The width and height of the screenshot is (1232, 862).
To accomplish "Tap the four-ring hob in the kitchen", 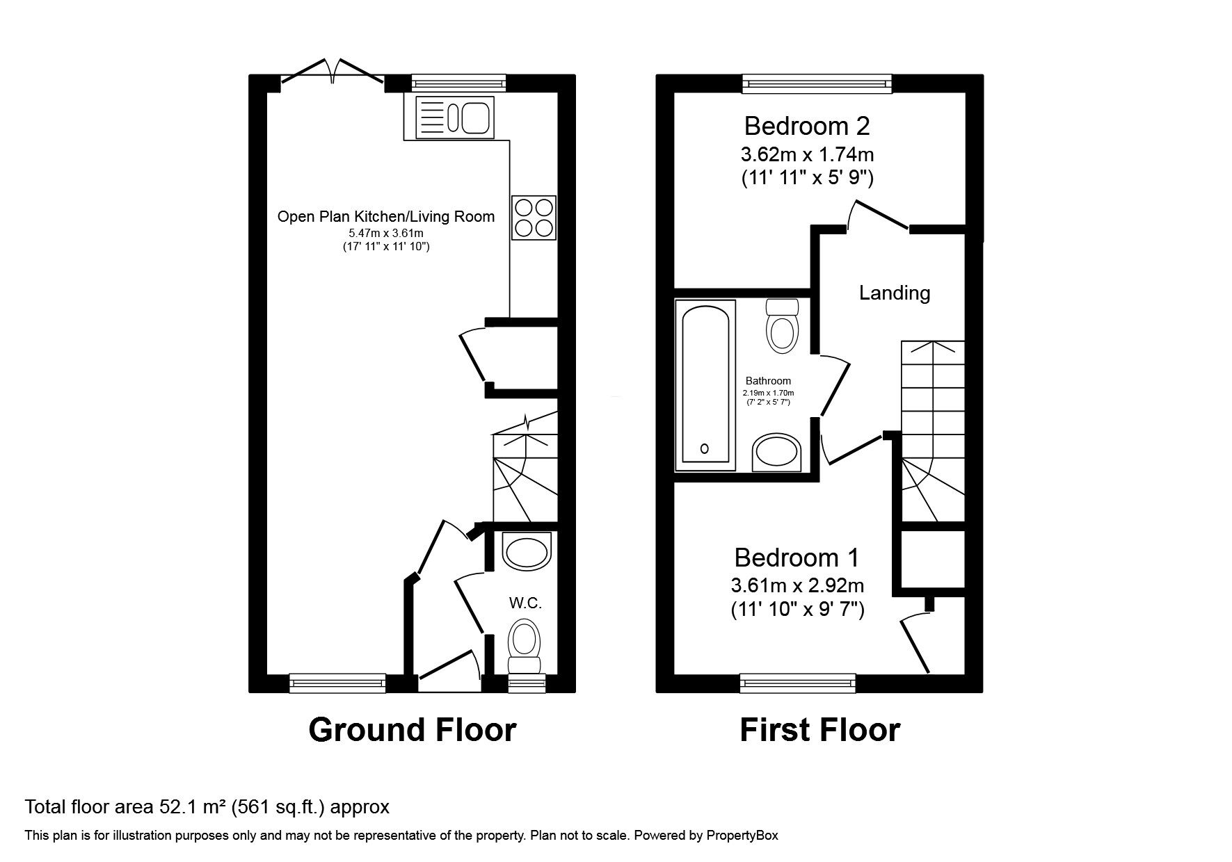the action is click(534, 218).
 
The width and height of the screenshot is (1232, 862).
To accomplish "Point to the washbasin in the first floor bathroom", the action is click(776, 452).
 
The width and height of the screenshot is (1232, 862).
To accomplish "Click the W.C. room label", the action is click(525, 603).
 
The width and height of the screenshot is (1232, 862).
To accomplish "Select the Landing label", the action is click(895, 293).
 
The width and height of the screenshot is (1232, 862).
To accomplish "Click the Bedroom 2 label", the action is click(807, 126).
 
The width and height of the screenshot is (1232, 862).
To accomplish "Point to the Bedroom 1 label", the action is click(797, 558).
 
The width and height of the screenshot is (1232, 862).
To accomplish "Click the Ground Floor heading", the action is click(413, 730).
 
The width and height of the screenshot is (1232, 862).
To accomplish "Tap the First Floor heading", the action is click(820, 730).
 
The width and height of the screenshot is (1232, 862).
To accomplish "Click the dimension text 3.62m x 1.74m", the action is click(807, 154).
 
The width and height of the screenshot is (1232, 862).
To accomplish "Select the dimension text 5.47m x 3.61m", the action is click(386, 234).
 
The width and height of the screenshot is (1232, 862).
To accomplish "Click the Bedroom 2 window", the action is click(817, 84).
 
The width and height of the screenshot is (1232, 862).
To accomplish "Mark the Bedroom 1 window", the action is click(798, 683).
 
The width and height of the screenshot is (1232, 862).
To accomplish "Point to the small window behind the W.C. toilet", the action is click(527, 683).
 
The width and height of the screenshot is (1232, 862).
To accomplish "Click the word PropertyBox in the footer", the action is click(742, 836).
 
